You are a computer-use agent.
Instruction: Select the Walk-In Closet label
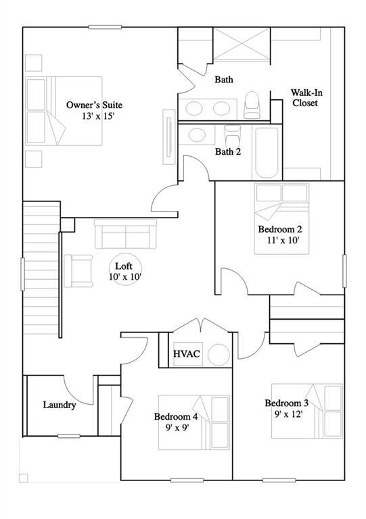click(304, 98)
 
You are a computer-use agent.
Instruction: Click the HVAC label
click(186, 354)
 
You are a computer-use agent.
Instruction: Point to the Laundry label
click(60, 405)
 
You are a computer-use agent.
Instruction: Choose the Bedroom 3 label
click(286, 403)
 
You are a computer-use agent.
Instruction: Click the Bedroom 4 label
click(176, 416)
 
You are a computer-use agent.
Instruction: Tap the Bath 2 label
click(228, 151)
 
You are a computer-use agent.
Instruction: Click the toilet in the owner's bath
click(252, 105)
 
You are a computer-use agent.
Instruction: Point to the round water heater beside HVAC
click(219, 355)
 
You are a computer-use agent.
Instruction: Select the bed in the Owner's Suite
click(64, 109)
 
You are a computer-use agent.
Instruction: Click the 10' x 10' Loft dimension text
click(124, 276)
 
